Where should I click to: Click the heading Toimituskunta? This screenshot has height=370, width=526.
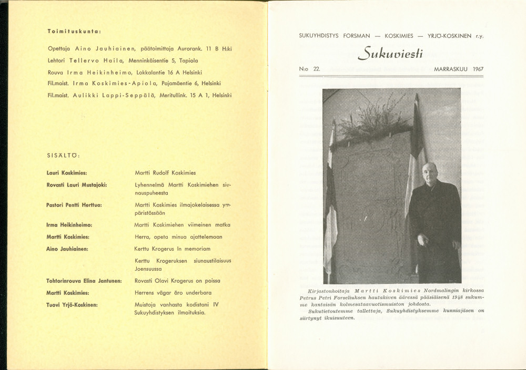pos(74,32)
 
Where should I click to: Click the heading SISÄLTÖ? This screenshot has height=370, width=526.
pos(63,155)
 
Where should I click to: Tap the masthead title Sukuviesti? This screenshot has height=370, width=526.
pos(390,53)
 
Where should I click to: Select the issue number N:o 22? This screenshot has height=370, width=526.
pos(310,69)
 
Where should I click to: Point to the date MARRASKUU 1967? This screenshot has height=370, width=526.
pos(458,69)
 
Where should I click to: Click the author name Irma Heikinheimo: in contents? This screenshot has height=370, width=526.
pos(69,224)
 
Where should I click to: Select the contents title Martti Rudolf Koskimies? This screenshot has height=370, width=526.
pos(165,172)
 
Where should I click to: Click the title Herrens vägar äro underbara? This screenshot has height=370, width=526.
pos(173,293)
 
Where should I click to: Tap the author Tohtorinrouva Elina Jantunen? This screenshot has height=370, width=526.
pos(84,281)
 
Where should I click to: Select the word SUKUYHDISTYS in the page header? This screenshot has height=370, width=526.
pos(319,36)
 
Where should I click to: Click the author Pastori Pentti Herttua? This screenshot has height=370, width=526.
pos(74,204)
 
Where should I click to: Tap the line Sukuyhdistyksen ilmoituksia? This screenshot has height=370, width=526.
pos(169,313)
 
